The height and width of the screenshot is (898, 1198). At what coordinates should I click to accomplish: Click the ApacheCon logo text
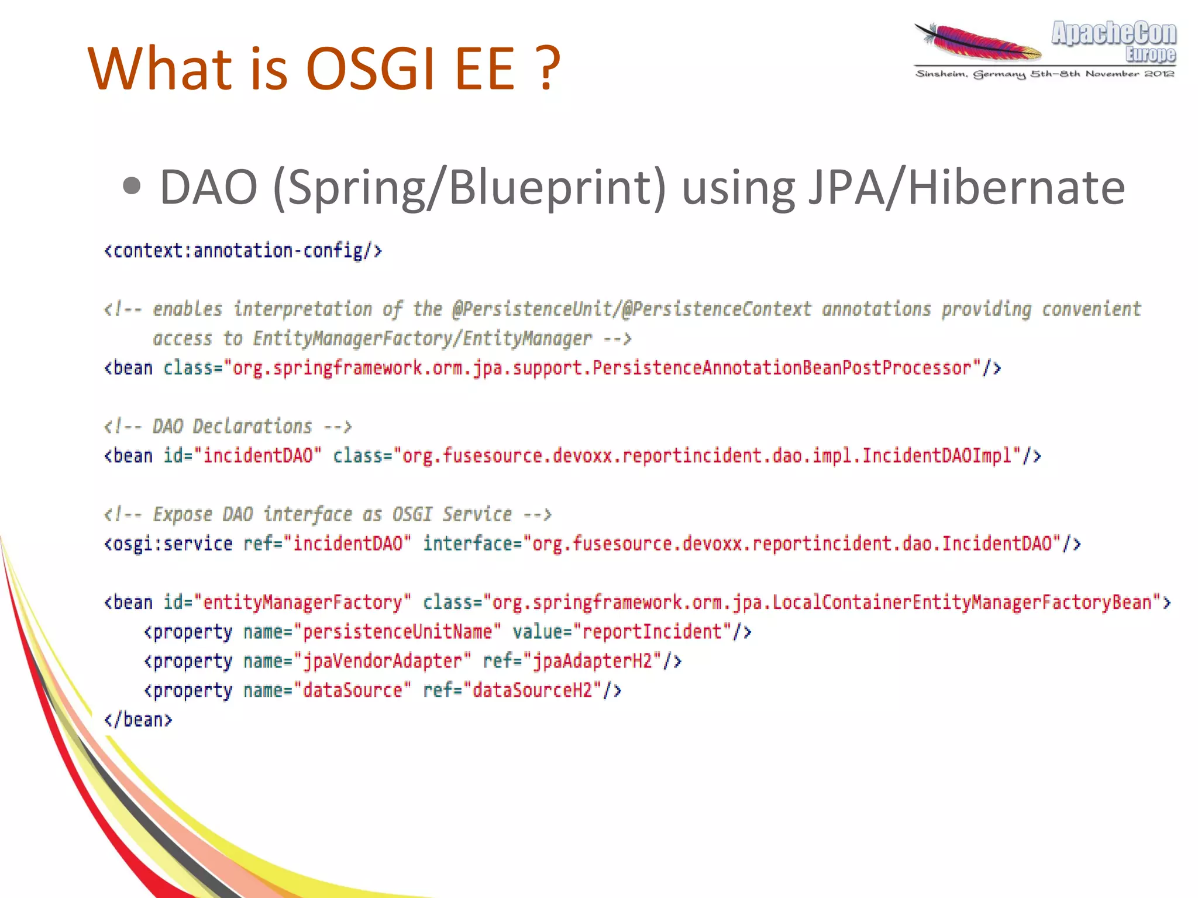click(1114, 33)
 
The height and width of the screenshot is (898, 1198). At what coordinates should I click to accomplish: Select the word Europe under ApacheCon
click(1150, 54)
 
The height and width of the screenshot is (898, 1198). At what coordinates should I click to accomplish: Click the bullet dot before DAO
click(132, 187)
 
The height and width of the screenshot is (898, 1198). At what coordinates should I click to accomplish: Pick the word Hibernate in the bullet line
click(1016, 188)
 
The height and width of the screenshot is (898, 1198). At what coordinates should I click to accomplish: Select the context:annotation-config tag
click(243, 251)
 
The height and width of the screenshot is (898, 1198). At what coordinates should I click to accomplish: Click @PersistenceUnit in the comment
click(533, 309)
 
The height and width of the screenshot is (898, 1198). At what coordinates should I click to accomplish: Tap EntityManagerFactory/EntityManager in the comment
click(422, 339)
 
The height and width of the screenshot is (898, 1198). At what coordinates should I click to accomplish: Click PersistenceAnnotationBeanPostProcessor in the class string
click(782, 368)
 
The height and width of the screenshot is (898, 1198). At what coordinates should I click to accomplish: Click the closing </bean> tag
click(138, 720)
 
